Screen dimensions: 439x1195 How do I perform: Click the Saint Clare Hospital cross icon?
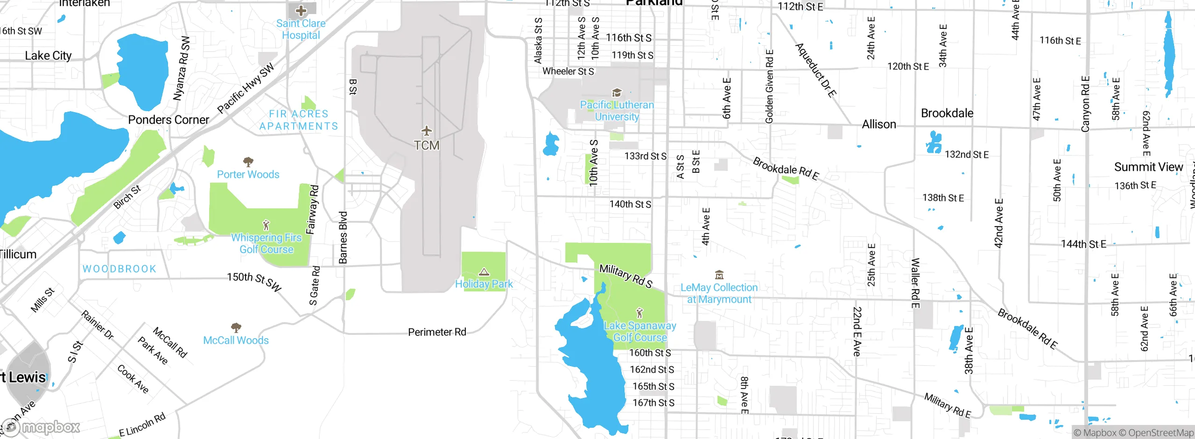click(301, 10)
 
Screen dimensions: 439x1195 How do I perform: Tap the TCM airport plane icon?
click(427, 131)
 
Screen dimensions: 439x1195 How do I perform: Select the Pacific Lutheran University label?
click(617, 111)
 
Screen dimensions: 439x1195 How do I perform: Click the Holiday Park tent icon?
click(484, 272)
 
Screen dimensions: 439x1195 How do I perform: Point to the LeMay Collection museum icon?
click(719, 275)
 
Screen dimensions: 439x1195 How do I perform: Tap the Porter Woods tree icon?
click(248, 162)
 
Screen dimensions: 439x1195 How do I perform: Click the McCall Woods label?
click(236, 340)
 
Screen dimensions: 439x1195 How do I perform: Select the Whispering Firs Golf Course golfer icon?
click(266, 225)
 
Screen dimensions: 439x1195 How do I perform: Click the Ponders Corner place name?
click(169, 120)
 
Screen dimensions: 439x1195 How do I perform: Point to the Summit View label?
click(1148, 167)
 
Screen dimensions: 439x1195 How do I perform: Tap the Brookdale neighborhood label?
click(947, 113)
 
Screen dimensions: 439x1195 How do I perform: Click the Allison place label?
click(879, 124)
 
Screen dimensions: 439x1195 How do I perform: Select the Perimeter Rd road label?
click(437, 332)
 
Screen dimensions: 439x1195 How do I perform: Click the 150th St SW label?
click(254, 282)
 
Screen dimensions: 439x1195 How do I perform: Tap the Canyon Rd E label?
click(1085, 104)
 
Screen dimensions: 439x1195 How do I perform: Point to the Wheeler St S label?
click(568, 71)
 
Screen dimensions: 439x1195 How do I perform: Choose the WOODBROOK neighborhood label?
click(119, 269)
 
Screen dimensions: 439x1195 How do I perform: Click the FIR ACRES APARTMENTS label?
click(299, 120)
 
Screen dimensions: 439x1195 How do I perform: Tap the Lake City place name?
click(48, 56)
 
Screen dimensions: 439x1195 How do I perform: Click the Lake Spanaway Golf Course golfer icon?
click(640, 313)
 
